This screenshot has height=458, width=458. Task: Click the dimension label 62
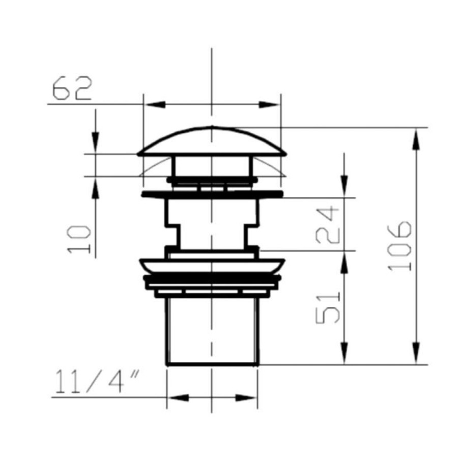pos(72,88)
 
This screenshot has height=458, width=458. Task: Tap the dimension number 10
pos(79,239)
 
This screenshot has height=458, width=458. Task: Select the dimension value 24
pos(328,224)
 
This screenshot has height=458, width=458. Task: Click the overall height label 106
pos(400,246)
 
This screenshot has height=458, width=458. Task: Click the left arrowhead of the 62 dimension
pos(155,104)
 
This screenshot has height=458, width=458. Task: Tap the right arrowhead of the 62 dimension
pos(269,104)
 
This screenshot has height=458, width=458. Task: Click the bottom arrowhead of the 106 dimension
pos(416,354)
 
